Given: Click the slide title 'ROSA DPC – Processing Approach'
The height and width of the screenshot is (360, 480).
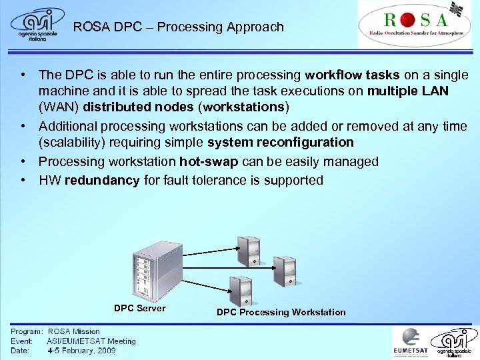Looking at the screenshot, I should point(178,27).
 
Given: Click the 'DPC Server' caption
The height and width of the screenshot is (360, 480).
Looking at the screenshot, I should point(140,308).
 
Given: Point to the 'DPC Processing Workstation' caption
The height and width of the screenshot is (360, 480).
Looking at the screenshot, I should point(281,312).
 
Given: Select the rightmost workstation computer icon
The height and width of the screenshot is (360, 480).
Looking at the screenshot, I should point(285,269).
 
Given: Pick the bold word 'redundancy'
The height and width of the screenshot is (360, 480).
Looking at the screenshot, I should point(102,180).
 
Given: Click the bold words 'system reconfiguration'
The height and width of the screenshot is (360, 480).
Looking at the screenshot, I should point(281,142).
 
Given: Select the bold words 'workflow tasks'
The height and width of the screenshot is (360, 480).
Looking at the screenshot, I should point(345,75).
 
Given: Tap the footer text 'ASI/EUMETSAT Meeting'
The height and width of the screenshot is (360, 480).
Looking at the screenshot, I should point(91,341).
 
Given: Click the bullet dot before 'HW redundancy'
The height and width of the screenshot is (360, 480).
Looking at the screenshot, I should point(23,180).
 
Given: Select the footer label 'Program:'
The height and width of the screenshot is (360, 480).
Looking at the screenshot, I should point(27,331).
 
